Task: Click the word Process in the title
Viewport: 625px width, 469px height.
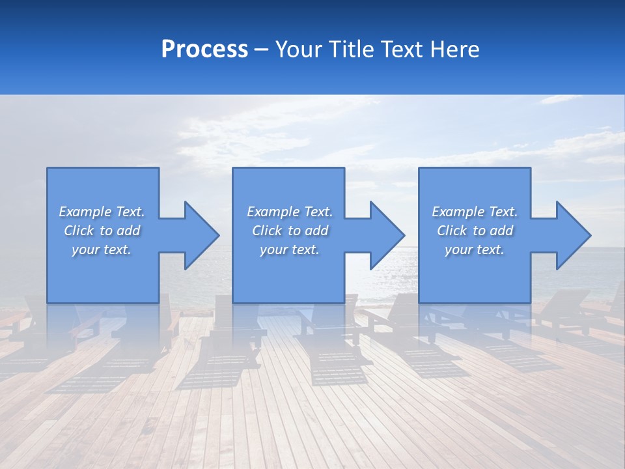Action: (204, 50)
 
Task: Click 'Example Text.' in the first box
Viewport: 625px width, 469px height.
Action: (102, 212)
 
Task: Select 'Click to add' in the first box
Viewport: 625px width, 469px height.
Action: (102, 231)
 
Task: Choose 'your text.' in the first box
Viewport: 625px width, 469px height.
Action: (102, 249)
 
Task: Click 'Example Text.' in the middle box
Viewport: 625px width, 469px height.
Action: (289, 212)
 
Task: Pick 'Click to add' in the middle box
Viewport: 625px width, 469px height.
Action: (289, 231)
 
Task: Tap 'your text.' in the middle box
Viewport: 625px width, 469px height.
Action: (289, 249)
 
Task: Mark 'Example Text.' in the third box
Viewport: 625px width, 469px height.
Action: (474, 212)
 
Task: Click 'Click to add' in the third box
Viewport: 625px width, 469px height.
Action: (474, 231)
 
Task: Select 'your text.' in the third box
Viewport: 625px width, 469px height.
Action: (474, 249)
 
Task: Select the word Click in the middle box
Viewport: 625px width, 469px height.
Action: (266, 231)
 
